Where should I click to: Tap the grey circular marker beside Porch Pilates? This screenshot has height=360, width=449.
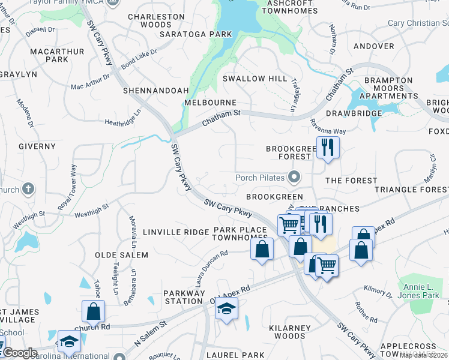pos(294,177)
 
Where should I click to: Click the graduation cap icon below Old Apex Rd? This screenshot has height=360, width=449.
pos(226,309)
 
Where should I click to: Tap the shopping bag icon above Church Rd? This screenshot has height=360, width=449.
pos(93,311)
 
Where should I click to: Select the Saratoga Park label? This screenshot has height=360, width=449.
pos(196,34)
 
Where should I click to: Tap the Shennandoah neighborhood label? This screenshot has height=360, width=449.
pos(155,91)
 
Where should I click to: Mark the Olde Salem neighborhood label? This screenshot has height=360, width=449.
pos(121,255)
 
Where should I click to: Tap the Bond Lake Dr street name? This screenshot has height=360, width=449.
pos(139,58)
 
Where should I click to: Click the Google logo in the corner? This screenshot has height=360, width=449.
pos(19,353)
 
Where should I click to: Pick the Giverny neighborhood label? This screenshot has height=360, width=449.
pos(37,146)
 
